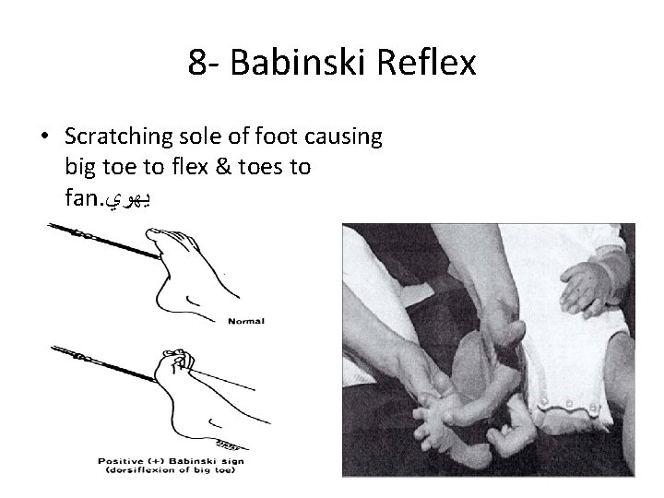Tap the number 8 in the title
pos(196,63)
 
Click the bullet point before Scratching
pos(46,136)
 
